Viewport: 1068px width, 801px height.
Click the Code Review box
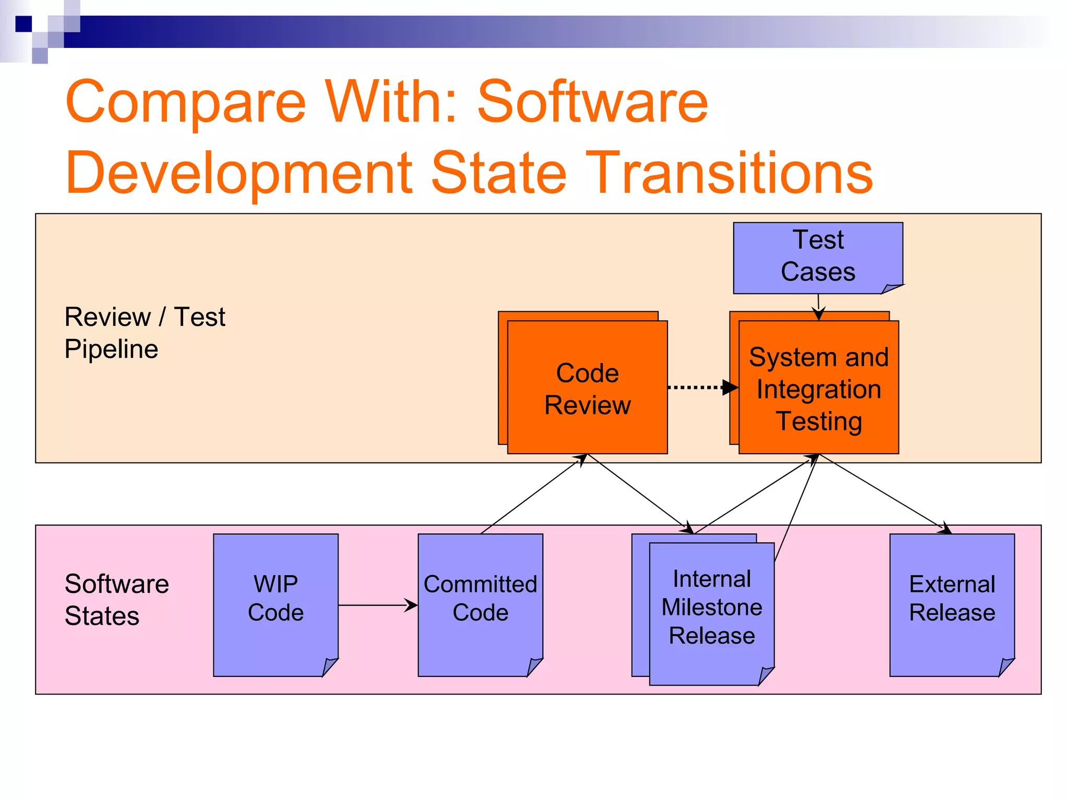[x=587, y=389]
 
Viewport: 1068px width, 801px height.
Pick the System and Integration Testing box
[x=818, y=389]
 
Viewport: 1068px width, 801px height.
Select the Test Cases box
[x=817, y=257]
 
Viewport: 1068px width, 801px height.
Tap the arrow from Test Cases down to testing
[x=819, y=308]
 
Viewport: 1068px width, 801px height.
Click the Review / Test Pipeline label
[x=144, y=333]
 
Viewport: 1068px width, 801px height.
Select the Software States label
[x=116, y=600]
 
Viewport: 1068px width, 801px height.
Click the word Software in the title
[x=592, y=102]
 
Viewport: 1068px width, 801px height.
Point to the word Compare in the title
[x=186, y=102]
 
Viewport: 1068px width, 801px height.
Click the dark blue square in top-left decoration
[x=24, y=24]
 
